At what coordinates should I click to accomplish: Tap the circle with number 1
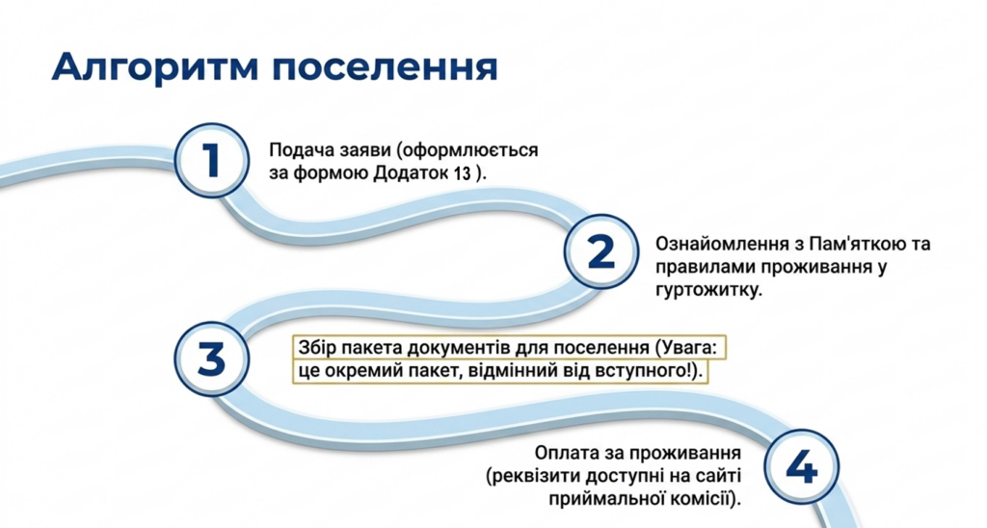[211, 161]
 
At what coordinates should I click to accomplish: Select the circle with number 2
[601, 251]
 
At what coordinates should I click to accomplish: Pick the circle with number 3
[211, 359]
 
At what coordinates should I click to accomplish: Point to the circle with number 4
[802, 467]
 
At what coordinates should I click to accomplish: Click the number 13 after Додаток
[462, 173]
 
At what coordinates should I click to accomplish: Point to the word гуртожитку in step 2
[708, 290]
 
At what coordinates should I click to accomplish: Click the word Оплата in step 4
[564, 453]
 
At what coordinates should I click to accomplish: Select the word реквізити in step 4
[533, 476]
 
